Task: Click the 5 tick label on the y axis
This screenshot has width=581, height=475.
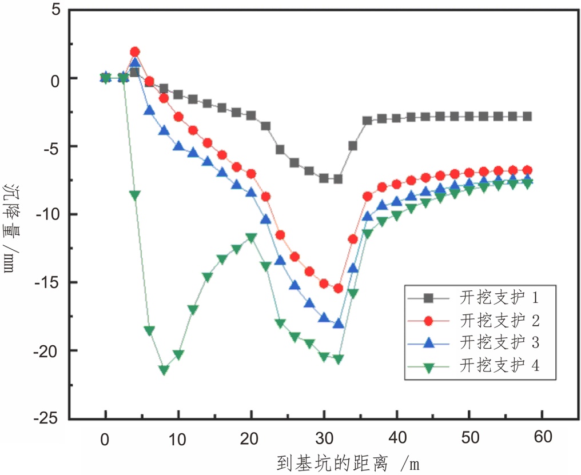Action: [x=56, y=10]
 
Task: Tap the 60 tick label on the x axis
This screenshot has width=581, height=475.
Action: [x=542, y=438]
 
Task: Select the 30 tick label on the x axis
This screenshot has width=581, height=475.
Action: [x=324, y=438]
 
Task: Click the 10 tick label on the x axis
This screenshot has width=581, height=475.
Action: [x=178, y=438]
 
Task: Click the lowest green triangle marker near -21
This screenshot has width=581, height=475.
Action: [x=164, y=370]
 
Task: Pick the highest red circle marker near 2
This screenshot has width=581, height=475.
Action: [x=135, y=52]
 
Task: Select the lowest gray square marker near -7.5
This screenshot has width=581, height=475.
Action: [x=338, y=179]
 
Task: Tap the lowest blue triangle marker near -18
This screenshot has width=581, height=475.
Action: [x=338, y=324]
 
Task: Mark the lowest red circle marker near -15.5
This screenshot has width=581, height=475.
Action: [x=338, y=288]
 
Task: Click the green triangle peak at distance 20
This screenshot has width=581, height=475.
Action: [x=251, y=237]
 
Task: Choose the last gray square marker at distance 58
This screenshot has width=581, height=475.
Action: [x=527, y=116]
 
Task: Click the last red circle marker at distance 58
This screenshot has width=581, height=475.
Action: [x=527, y=170]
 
